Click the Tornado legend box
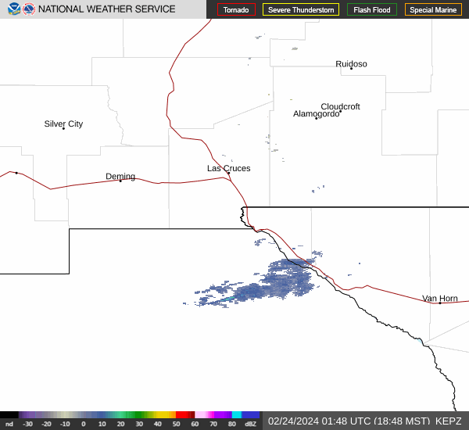coord(236,10)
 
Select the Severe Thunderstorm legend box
coord(301,10)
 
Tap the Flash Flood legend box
coord(372,10)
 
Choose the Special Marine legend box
coord(433,10)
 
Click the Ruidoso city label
coord(351,64)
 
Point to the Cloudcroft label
coord(340,106)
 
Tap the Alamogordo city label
coord(316,113)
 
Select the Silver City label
coord(63,124)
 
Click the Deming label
coord(120,176)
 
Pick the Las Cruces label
coord(228,168)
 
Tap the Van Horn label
coord(440,298)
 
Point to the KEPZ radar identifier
coord(449,421)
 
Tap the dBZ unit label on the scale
coord(250,424)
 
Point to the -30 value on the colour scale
coord(28,424)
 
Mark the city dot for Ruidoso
coord(351,68)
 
